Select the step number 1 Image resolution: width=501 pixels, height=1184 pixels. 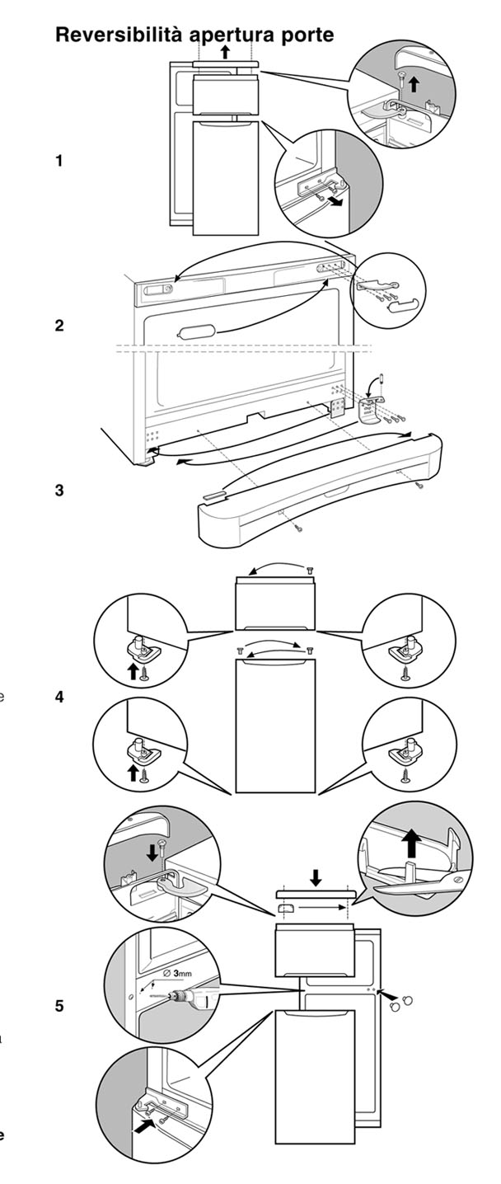[x=59, y=161]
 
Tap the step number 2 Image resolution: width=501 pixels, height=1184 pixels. [x=59, y=326]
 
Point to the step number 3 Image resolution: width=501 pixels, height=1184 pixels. [x=59, y=490]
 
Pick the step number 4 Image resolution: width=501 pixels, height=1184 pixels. [x=59, y=697]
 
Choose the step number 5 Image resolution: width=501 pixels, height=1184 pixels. [x=59, y=1006]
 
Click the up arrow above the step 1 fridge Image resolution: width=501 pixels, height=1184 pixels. [x=226, y=51]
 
